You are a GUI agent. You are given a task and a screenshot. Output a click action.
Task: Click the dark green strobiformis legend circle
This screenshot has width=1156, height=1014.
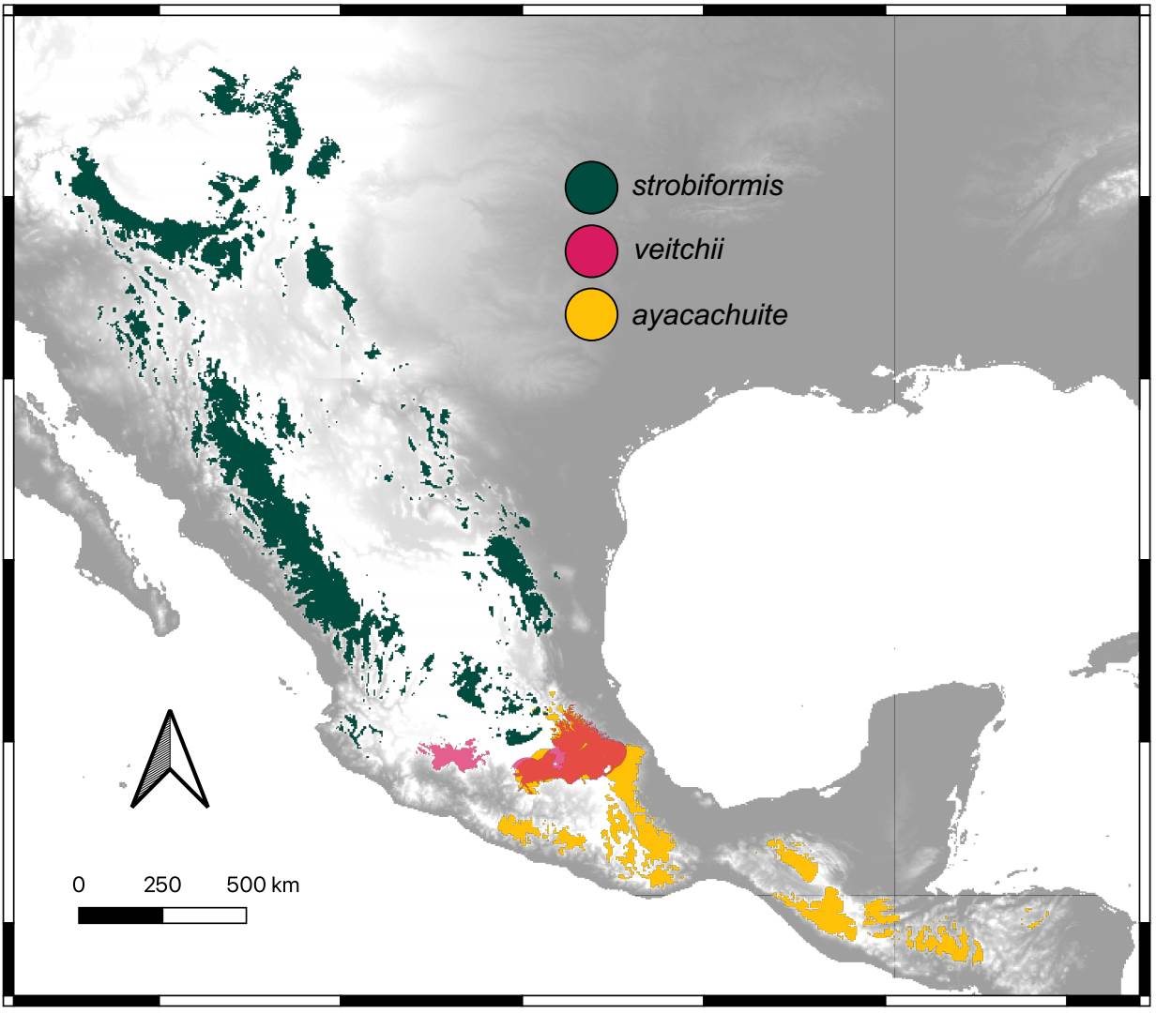coord(591,187)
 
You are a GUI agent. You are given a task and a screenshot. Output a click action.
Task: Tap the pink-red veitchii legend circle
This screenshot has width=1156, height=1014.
coord(591,251)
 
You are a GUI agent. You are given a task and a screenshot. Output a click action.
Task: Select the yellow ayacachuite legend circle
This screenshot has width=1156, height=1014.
coord(591,315)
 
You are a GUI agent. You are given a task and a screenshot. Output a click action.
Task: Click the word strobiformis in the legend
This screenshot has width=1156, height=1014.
coord(707,186)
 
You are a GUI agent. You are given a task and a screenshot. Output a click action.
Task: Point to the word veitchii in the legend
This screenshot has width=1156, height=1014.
coord(678,250)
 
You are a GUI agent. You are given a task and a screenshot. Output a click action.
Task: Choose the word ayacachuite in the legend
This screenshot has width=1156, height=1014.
coord(709,315)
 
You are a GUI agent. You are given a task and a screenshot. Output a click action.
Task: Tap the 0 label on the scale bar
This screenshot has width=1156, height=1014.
coord(79,885)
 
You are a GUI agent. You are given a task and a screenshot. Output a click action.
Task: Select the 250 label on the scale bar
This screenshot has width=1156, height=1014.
coord(162,885)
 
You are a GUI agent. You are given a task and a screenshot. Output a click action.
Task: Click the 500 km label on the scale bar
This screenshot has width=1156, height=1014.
coord(263,885)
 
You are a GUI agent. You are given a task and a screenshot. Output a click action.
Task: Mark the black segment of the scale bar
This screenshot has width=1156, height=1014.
coord(120,915)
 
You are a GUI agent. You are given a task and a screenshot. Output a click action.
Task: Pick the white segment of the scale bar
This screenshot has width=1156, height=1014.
coord(205,915)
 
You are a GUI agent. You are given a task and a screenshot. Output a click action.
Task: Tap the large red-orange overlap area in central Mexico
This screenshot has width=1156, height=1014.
coord(582,755)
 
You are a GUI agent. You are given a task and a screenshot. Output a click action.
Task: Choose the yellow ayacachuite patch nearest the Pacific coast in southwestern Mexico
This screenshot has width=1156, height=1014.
coord(530,830)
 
